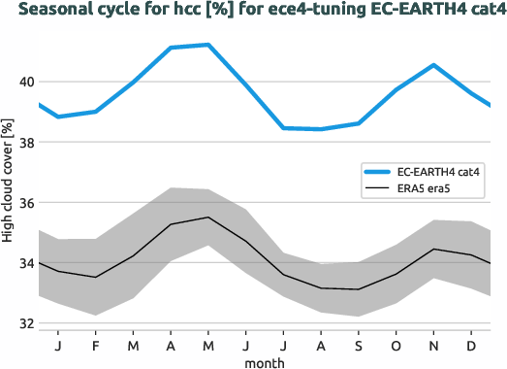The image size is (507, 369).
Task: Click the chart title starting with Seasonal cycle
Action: [x=253, y=11]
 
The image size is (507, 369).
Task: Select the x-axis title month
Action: [x=265, y=360]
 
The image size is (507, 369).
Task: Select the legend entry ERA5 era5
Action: [x=427, y=188]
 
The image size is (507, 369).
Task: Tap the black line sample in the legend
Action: [x=379, y=188]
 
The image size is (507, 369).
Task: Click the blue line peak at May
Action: [x=208, y=45]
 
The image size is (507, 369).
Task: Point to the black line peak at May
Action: [x=208, y=218]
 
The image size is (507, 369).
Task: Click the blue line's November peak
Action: [x=433, y=65]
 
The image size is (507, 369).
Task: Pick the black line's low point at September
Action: [x=359, y=289]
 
